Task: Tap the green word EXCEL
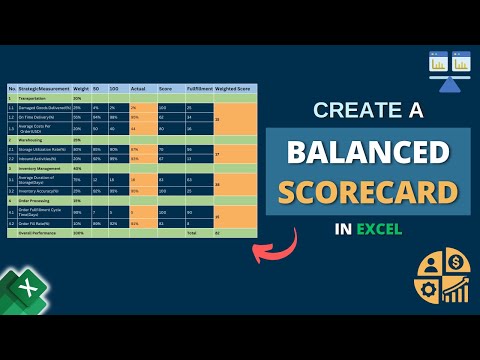point(383,229)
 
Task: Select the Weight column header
point(80,88)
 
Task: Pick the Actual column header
point(139,88)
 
